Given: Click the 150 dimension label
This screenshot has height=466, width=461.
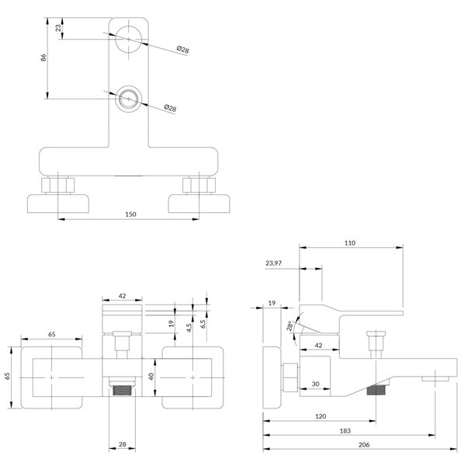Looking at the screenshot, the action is click(130, 214).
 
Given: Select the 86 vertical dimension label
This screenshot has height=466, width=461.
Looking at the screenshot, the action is click(43, 57).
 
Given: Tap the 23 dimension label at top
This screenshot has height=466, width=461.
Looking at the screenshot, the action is click(58, 28).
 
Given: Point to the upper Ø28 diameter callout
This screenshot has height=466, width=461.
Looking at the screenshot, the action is click(182, 50).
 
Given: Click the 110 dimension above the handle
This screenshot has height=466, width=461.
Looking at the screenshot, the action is click(350, 243).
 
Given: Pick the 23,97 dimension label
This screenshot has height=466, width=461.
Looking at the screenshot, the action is click(273, 263).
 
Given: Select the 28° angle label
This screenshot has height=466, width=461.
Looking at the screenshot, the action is click(290, 326).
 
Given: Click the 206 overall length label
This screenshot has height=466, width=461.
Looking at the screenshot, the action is click(364, 444).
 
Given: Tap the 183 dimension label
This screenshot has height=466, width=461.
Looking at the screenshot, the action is click(345, 430).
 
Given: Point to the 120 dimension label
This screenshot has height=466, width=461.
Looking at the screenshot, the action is click(321, 416).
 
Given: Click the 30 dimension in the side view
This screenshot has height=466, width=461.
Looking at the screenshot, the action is click(315, 384).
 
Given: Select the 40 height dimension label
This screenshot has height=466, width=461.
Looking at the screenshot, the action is click(151, 377).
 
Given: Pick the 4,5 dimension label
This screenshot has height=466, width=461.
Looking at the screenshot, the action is click(189, 328).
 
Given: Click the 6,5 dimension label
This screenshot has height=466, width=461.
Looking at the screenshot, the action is click(203, 324).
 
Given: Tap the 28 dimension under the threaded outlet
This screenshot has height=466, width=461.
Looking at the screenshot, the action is click(123, 444).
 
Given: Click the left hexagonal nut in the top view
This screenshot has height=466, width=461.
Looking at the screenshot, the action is click(58, 186).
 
